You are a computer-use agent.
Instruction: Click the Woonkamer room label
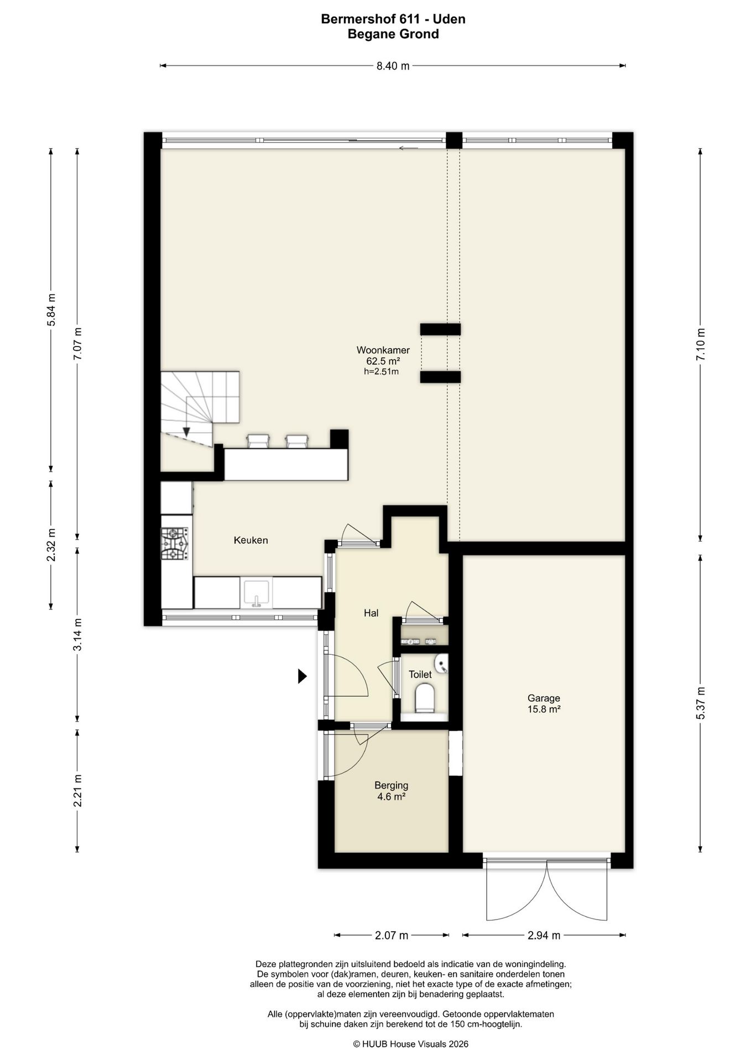383,350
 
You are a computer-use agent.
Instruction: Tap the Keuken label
251,540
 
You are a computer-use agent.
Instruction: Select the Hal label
371,612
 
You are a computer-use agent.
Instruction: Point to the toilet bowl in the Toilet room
425,697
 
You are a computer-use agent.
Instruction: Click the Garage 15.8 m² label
544,703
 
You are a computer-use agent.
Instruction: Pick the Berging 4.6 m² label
391,791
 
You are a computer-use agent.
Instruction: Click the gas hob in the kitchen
175,544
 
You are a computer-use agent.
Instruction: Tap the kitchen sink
256,592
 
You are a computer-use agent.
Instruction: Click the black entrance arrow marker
302,676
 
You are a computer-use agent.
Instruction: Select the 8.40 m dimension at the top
393,66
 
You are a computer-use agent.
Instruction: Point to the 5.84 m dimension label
51,310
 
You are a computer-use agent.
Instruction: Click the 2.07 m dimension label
392,935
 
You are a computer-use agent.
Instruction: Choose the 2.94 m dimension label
544,935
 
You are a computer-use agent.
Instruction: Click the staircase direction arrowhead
186,432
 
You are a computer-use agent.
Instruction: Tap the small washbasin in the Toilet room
441,664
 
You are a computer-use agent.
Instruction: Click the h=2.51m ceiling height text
381,372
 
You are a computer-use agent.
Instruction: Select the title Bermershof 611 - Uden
393,19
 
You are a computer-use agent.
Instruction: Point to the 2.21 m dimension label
78,790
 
